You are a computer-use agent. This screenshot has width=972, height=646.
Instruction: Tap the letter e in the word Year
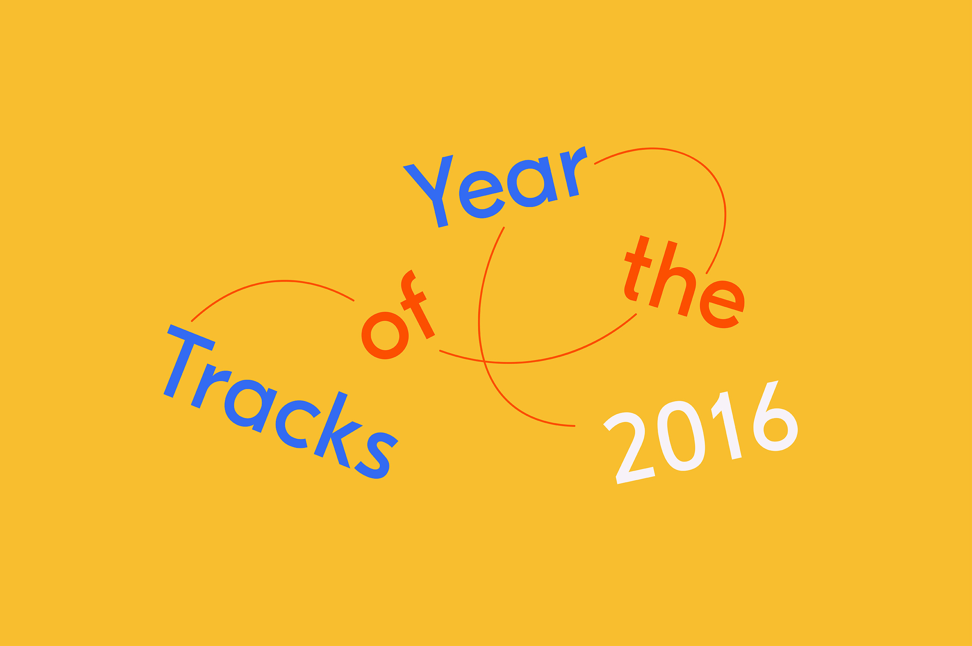482,195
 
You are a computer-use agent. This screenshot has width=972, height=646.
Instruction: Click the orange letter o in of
385,336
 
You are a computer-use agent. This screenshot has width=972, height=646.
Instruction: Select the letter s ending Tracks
376,455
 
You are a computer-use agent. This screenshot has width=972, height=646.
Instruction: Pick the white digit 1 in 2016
727,424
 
